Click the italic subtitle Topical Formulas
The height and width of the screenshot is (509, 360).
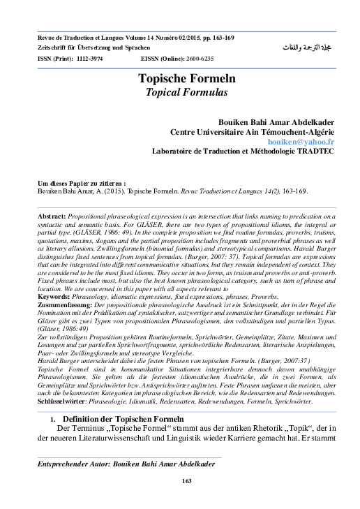(x=180, y=91)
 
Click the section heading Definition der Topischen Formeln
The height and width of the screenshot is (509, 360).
(x=123, y=418)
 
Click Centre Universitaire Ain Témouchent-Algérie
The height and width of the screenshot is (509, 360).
(x=262, y=131)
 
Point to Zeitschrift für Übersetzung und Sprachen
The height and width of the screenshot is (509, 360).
(x=93, y=46)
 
